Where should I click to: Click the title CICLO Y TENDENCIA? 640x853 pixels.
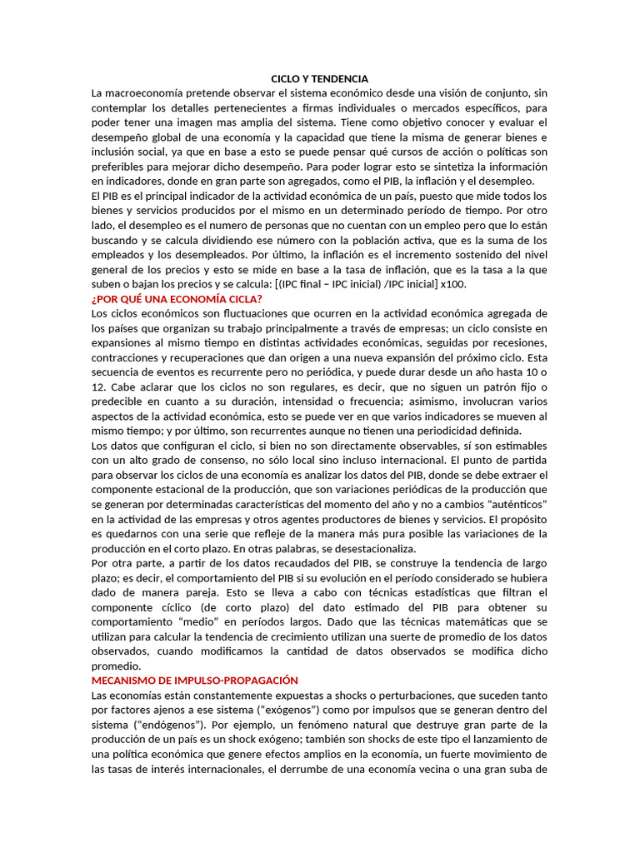(319, 78)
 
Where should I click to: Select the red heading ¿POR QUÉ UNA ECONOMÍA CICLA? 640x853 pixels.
(177, 298)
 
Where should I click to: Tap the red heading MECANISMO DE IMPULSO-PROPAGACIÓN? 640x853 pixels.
(194, 681)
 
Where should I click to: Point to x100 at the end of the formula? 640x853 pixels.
(453, 284)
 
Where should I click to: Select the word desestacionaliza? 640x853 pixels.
(343, 549)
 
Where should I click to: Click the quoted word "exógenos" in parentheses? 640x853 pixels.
(277, 710)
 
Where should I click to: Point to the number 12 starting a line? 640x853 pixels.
(97, 387)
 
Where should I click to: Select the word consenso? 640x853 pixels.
(213, 460)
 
